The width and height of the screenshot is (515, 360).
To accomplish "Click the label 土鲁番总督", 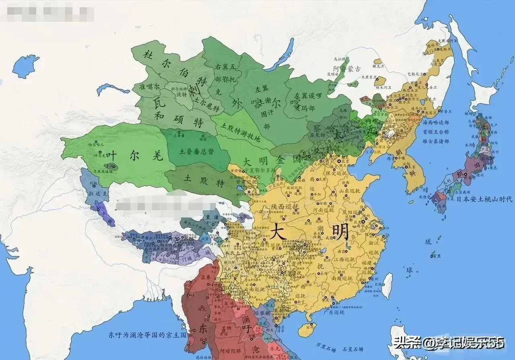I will (x=197, y=152).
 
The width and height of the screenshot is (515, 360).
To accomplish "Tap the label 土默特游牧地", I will (x=240, y=132).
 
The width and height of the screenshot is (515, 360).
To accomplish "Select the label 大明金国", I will (x=272, y=160).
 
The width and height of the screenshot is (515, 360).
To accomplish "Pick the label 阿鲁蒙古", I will (x=347, y=69).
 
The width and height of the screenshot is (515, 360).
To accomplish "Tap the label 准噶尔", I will (x=149, y=87).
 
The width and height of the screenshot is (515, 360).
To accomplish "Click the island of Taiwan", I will (x=387, y=285).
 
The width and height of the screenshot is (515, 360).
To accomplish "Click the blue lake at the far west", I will (x=25, y=66).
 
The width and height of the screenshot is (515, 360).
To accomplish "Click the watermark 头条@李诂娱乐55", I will (x=449, y=343).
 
